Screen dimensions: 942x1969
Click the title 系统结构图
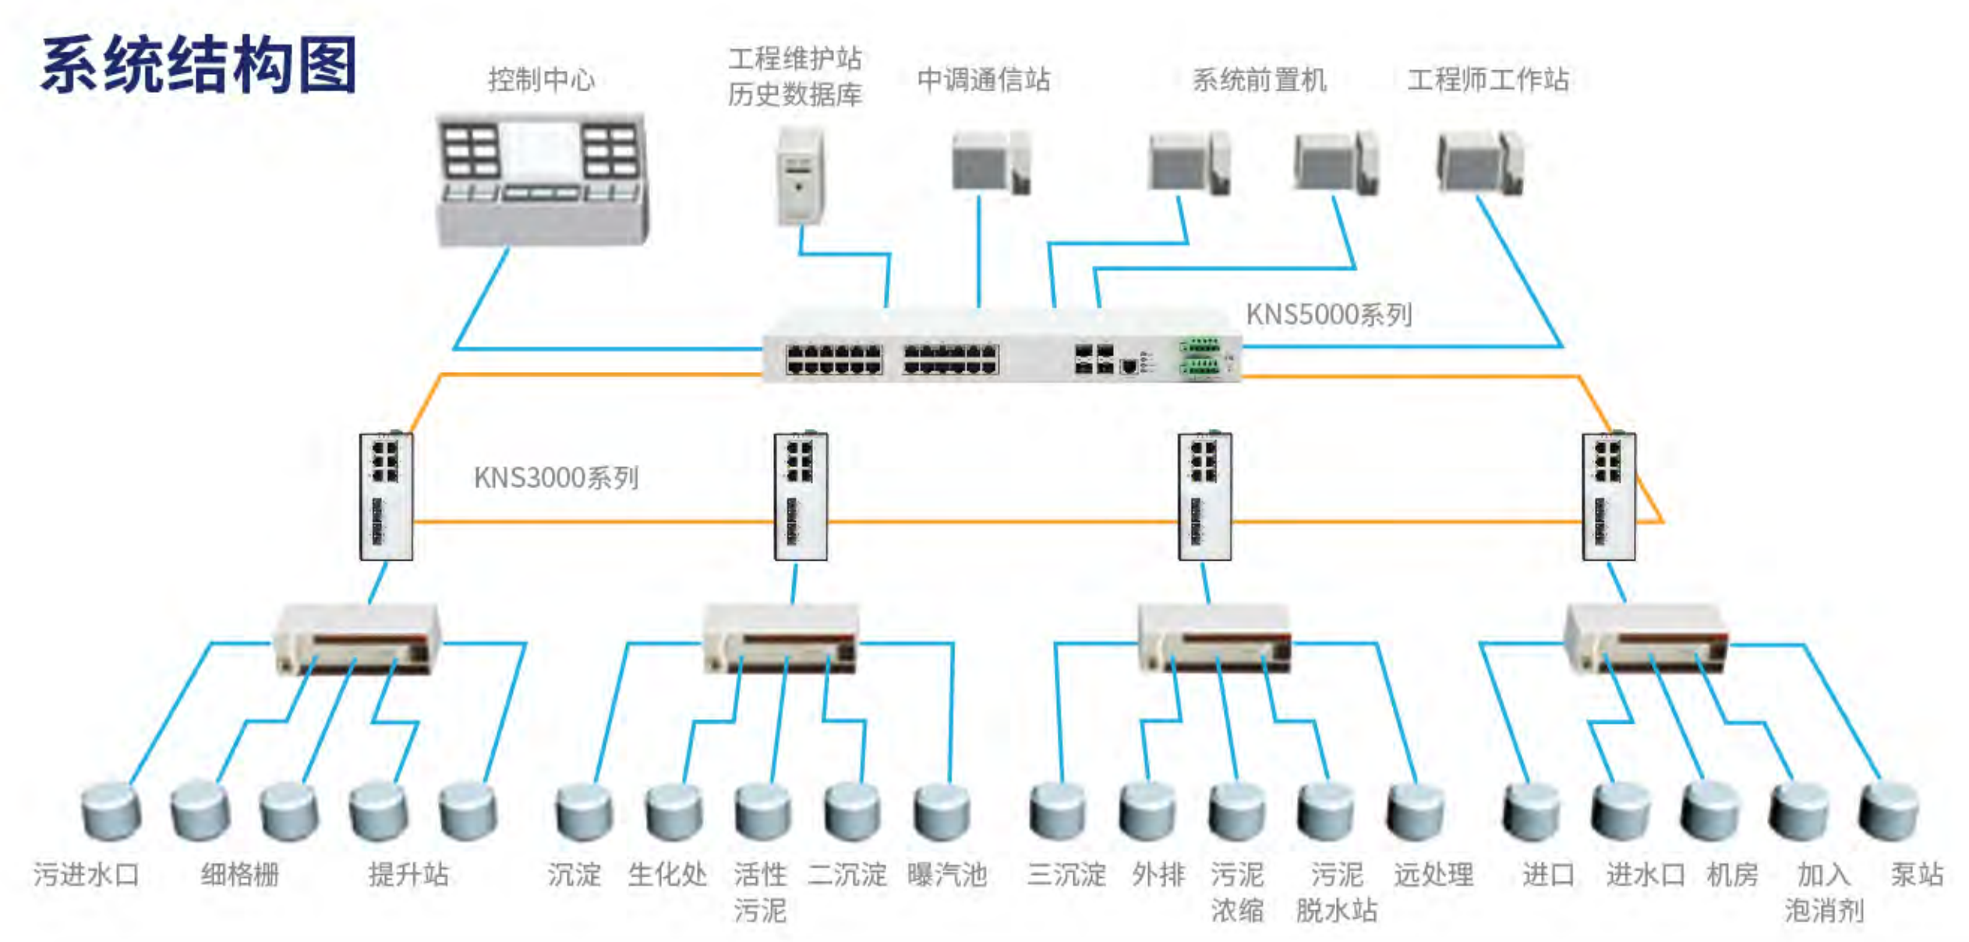point(199,66)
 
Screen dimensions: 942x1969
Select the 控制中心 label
point(541,80)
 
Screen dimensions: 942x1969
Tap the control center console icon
point(542,179)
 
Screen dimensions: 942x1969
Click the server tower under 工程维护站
point(801,177)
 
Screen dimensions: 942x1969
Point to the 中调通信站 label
point(984,80)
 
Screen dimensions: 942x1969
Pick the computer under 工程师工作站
point(1479,163)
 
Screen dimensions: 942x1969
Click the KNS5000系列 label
point(1328,314)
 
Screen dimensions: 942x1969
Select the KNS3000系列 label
point(556,477)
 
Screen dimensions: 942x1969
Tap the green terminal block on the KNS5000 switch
point(1200,358)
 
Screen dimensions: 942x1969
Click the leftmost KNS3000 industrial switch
point(386,496)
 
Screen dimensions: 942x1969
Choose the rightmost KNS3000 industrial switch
point(1608,496)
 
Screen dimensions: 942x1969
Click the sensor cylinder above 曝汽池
point(942,812)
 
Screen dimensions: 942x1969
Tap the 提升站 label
point(408,874)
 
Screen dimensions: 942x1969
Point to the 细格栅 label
point(239,874)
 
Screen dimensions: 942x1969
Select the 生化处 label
point(667,874)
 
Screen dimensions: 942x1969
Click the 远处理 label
point(1433,874)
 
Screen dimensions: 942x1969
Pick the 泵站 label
point(1916,874)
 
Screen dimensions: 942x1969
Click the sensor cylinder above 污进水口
point(111,812)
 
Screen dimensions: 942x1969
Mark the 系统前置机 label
point(1259,80)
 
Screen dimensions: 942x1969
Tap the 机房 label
point(1732,874)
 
